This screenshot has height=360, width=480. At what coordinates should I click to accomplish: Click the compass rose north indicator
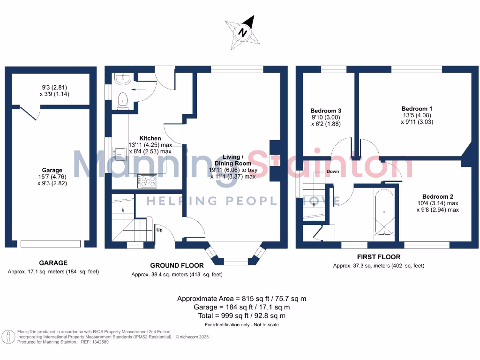click(243, 32)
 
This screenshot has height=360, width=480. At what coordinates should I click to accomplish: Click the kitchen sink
click(119, 151)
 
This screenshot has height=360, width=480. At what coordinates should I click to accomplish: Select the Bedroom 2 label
click(437, 196)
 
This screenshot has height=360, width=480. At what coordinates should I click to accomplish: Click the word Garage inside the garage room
click(51, 170)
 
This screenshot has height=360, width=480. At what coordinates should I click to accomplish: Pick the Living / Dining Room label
click(233, 160)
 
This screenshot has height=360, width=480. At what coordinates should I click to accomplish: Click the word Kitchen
click(150, 138)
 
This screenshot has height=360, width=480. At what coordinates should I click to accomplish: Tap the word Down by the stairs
click(333, 172)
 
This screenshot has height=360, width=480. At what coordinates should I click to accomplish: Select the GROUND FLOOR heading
click(177, 265)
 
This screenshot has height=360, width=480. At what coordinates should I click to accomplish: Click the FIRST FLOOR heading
click(379, 257)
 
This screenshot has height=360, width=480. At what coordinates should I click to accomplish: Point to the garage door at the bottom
click(51, 244)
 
